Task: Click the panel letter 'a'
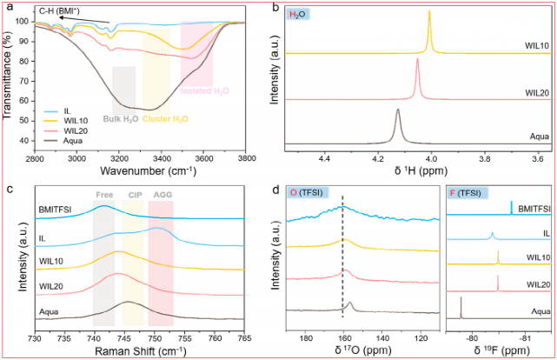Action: point(9,7)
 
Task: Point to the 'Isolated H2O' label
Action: point(205,90)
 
